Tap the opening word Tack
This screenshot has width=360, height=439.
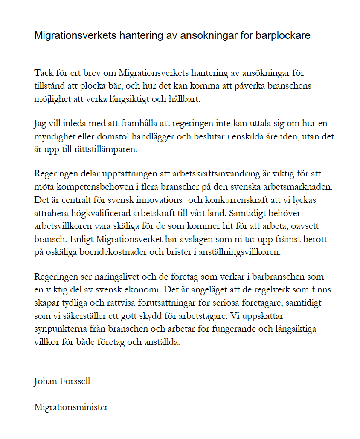[44, 73]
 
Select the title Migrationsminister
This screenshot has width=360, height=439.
[71, 407]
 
